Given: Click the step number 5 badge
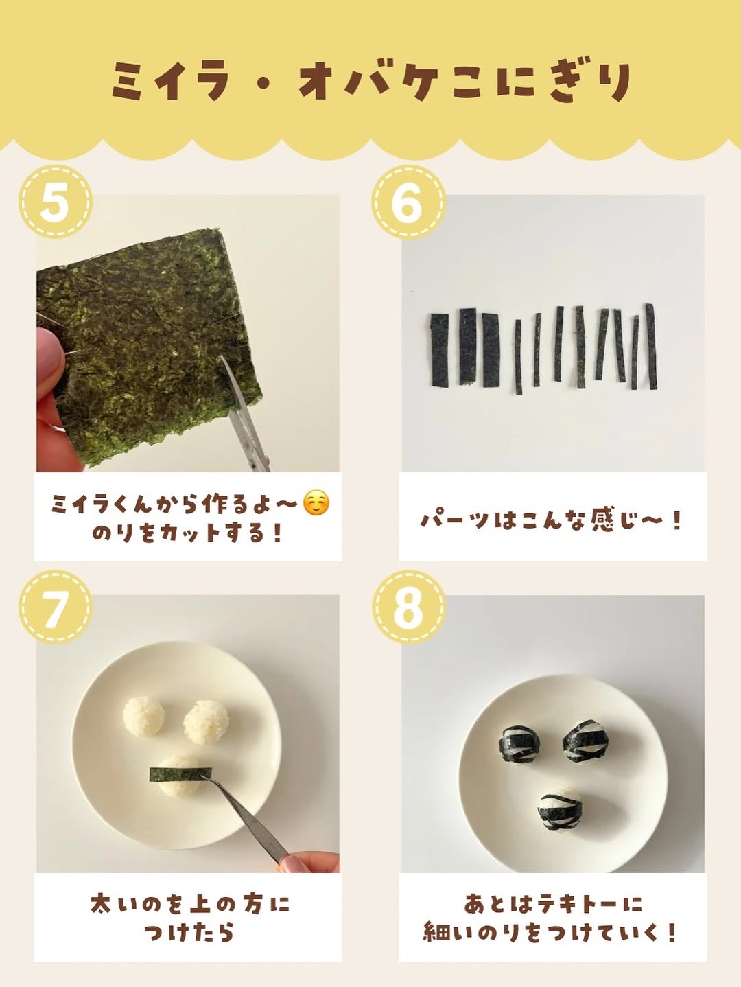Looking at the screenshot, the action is pyautogui.click(x=56, y=202).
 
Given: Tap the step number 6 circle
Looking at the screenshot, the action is pyautogui.click(x=408, y=202).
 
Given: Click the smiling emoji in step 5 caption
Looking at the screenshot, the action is pyautogui.click(x=316, y=504).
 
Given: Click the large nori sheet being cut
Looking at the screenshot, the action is pyautogui.click(x=148, y=346).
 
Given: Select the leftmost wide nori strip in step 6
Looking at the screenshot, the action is pyautogui.click(x=440, y=351).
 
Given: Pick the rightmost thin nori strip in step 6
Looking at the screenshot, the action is pyautogui.click(x=651, y=346).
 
